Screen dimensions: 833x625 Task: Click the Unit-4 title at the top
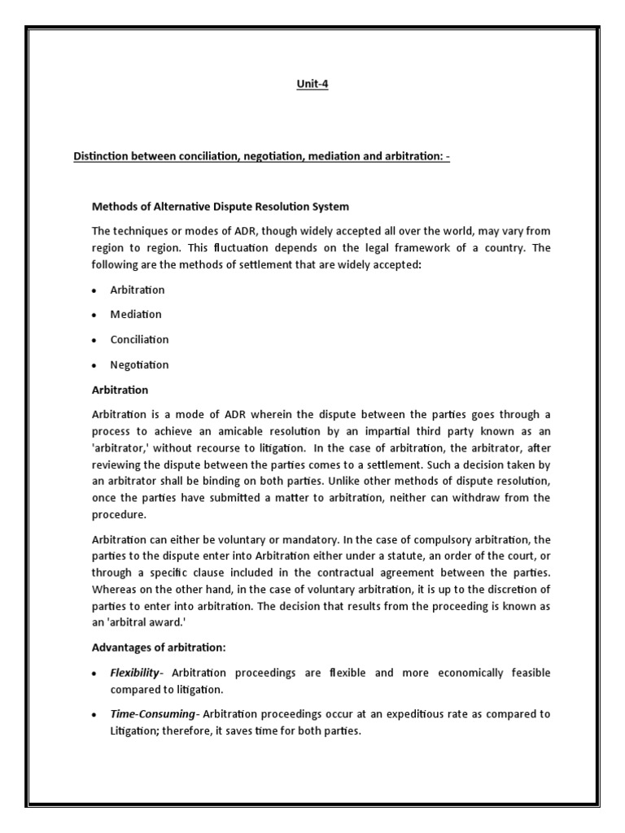pyautogui.click(x=312, y=84)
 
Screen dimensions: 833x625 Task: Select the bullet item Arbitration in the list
pyautogui.click(x=138, y=290)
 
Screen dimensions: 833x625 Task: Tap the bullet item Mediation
pyautogui.click(x=136, y=314)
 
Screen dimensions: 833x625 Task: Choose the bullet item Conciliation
pyautogui.click(x=139, y=339)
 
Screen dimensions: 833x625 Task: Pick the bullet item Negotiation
pyautogui.click(x=139, y=364)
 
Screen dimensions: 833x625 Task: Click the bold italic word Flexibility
pyautogui.click(x=138, y=673)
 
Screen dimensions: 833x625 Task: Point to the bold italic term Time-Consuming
pyautogui.click(x=154, y=713)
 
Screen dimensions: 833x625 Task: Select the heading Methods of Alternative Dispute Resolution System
pyautogui.click(x=219, y=207)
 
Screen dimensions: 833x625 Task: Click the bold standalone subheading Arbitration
pyautogui.click(x=119, y=390)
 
